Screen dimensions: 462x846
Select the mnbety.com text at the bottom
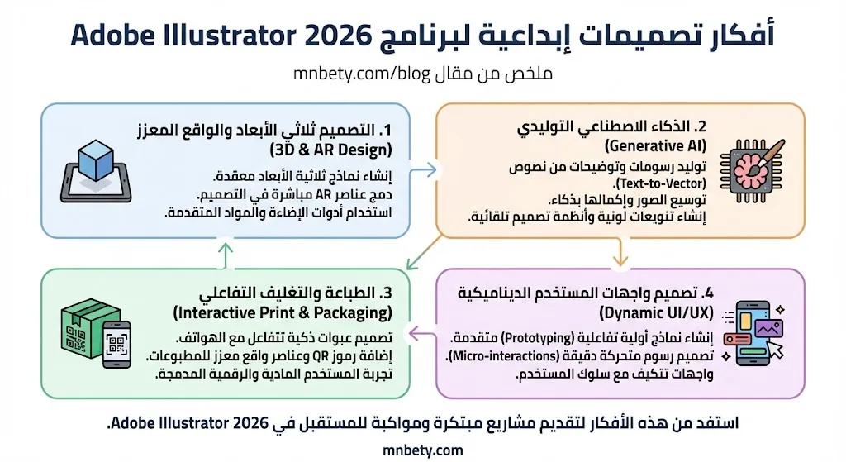[423, 450]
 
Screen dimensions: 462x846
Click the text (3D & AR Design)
[330, 150]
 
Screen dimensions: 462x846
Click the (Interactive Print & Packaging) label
[283, 313]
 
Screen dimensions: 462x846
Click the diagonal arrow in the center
[424, 251]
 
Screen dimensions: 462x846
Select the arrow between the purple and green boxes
[423, 334]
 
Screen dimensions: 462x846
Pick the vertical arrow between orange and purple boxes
[617, 255]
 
